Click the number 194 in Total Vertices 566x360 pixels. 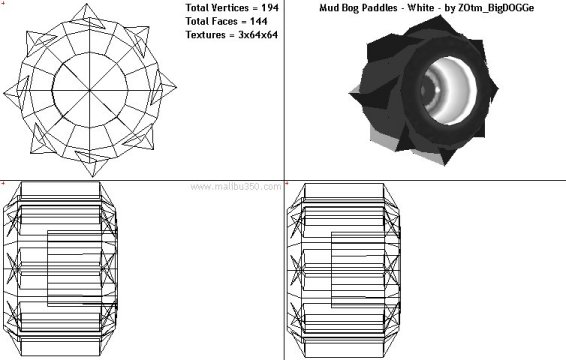270,8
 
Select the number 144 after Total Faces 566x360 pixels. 258,21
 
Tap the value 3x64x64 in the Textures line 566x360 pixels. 258,35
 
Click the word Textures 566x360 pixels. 205,35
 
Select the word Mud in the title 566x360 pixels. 328,8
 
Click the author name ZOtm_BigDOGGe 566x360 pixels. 496,8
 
